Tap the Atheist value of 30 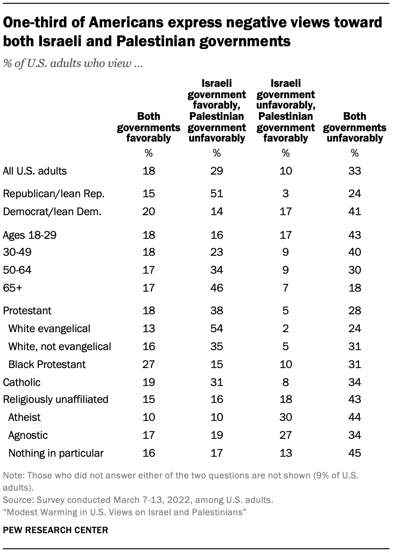[x=285, y=417]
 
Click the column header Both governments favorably [x=148, y=127]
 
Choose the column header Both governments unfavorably [x=354, y=127]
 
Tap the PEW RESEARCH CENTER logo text [x=56, y=530]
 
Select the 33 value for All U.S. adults [x=354, y=171]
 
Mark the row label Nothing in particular [x=56, y=453]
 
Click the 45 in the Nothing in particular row [x=354, y=453]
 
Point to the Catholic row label [x=22, y=382]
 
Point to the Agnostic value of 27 [x=285, y=436]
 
